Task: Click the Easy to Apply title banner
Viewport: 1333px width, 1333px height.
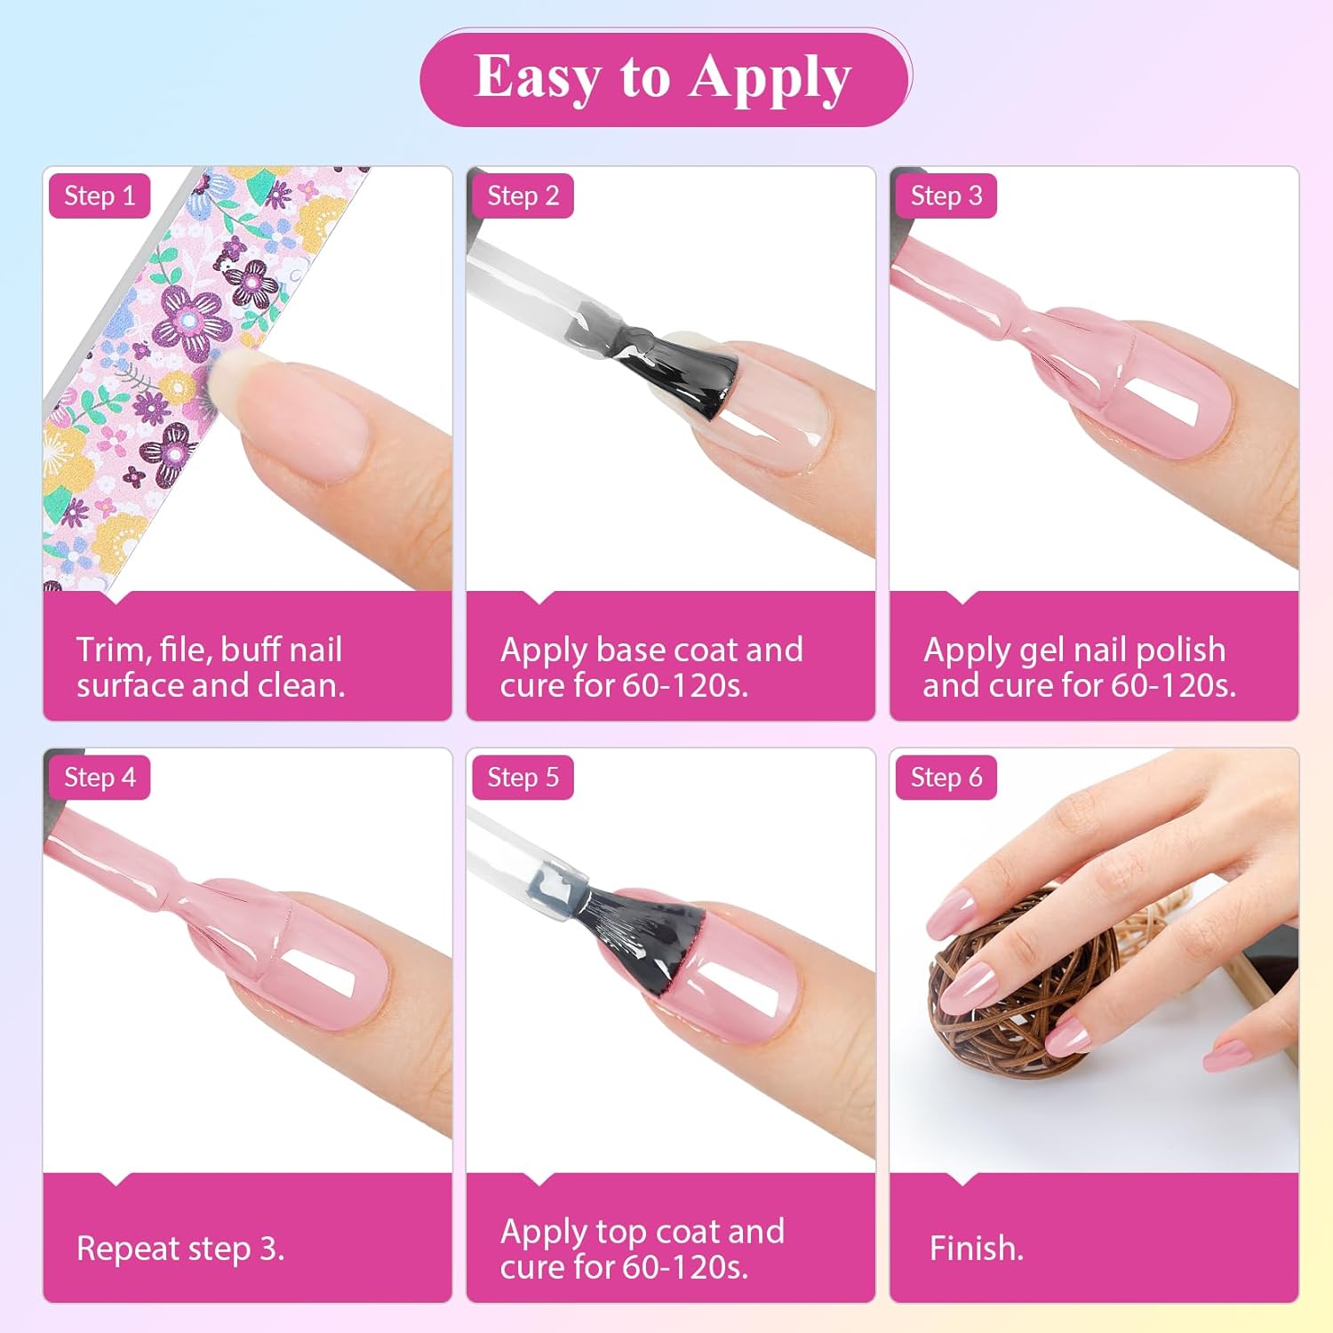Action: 666,78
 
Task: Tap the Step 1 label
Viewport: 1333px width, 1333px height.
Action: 100,196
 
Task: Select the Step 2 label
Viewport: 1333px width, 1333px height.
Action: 523,196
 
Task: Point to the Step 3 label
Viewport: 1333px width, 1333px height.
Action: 946,196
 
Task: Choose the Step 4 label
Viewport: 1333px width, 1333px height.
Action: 100,778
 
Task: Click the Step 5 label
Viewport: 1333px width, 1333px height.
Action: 523,778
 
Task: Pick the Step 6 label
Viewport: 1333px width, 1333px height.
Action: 946,778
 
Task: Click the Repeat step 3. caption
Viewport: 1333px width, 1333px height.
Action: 180,1249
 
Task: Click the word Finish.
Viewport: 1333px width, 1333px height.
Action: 976,1248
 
